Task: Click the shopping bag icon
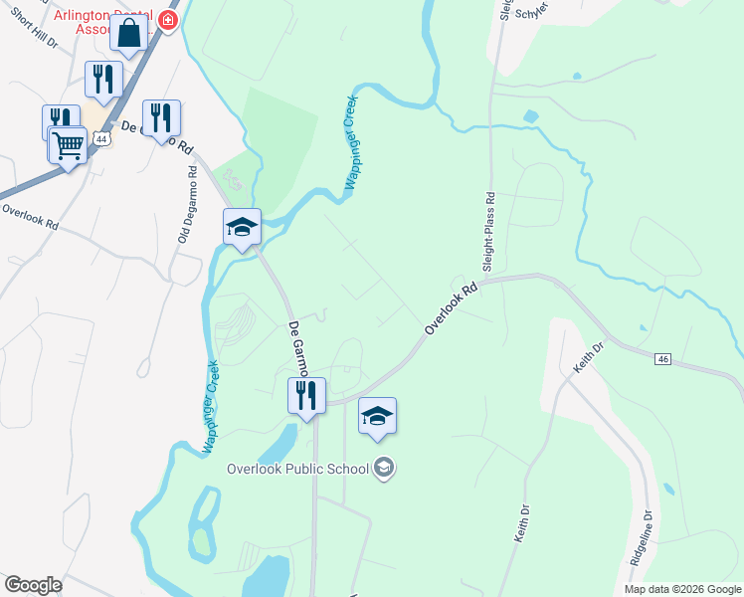129,33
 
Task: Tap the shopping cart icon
69,145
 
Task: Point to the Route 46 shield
664,358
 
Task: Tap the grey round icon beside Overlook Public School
384,468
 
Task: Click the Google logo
33,584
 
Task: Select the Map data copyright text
682,589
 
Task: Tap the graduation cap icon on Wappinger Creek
242,228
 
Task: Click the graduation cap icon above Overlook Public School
377,416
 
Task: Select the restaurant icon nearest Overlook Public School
306,395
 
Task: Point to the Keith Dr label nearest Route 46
588,358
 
